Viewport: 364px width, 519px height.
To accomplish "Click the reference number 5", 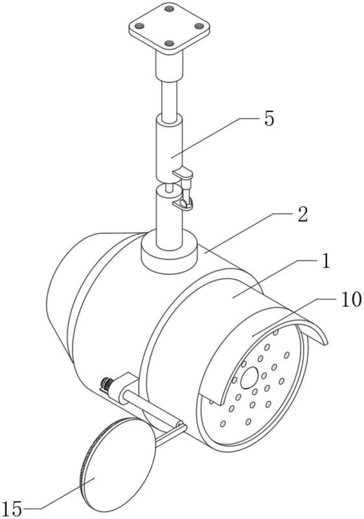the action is [x=269, y=118].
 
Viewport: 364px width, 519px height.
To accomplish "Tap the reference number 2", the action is [x=302, y=214].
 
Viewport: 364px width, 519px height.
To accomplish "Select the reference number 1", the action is [x=325, y=261].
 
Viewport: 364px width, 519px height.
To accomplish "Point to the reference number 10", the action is [x=351, y=300].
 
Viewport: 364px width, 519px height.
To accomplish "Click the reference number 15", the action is [x=12, y=508].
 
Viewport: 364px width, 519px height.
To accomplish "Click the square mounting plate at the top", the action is [x=169, y=28].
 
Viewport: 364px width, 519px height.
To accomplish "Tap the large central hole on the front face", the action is [x=249, y=378].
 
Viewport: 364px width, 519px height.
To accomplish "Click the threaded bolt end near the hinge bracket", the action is [x=107, y=384].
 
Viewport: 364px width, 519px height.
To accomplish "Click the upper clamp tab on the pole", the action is [x=183, y=173].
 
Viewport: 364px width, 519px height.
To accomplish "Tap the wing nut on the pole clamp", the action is [x=186, y=202].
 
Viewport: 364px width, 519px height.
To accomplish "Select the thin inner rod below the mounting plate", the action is [x=169, y=99].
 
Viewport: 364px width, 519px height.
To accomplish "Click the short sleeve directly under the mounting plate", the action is [x=169, y=66].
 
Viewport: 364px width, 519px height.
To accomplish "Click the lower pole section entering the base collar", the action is [x=169, y=219].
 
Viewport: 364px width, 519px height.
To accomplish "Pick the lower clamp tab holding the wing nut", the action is [x=181, y=204].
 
